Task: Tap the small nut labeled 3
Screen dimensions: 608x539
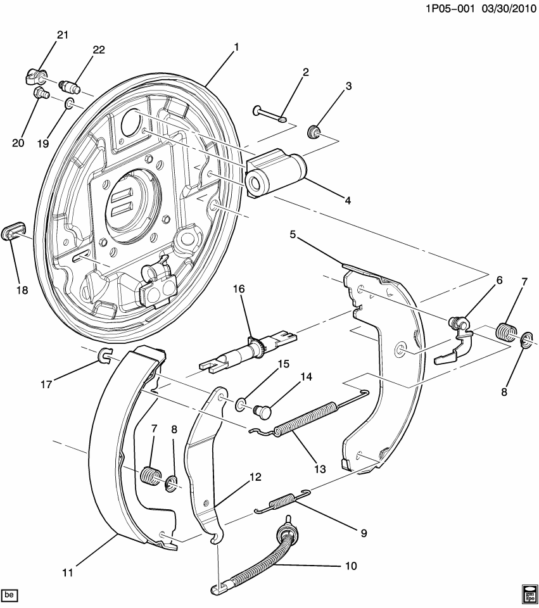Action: pos(312,132)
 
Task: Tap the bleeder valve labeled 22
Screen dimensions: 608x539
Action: pos(68,85)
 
